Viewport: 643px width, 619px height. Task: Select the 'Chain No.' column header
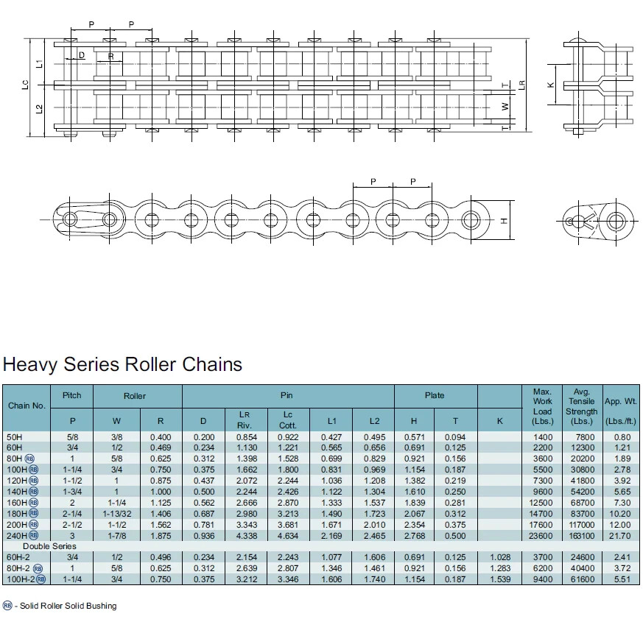click(x=27, y=406)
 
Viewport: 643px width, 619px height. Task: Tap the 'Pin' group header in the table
click(x=287, y=395)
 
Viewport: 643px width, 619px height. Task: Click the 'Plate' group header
click(x=435, y=395)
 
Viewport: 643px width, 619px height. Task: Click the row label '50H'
click(x=15, y=437)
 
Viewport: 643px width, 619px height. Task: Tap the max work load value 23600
click(x=542, y=535)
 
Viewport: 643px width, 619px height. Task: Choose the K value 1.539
click(x=499, y=579)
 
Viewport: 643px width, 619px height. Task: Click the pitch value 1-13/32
click(x=116, y=513)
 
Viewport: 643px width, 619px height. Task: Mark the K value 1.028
click(x=499, y=557)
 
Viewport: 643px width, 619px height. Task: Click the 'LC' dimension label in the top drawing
click(x=25, y=85)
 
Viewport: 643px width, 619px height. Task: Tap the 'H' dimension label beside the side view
click(x=505, y=220)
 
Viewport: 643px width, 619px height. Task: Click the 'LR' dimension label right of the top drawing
click(x=521, y=85)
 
